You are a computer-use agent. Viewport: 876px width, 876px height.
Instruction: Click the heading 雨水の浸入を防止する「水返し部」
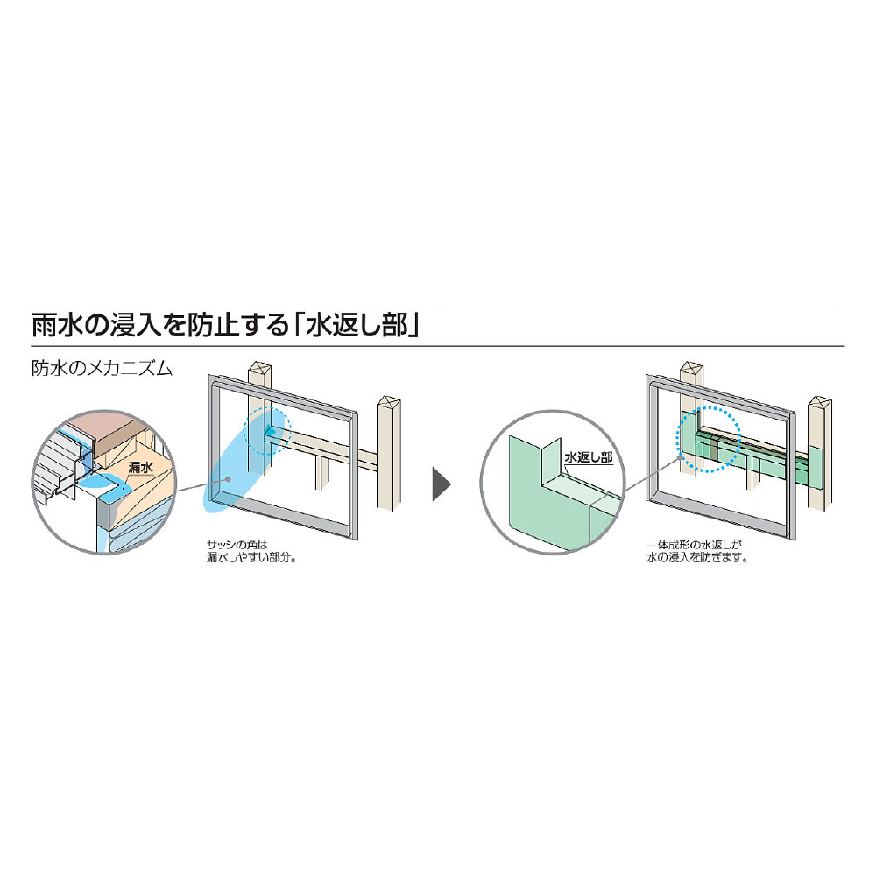pos(228,323)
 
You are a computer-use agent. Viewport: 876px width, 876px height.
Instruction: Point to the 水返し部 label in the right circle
pos(588,457)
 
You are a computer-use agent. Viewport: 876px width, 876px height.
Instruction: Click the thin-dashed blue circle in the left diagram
pos(267,429)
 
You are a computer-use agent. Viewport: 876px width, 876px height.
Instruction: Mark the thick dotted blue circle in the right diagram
pos(709,438)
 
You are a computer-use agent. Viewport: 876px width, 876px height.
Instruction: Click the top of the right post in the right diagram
pos(819,402)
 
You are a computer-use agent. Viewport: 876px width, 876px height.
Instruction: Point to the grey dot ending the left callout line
pos(228,480)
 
